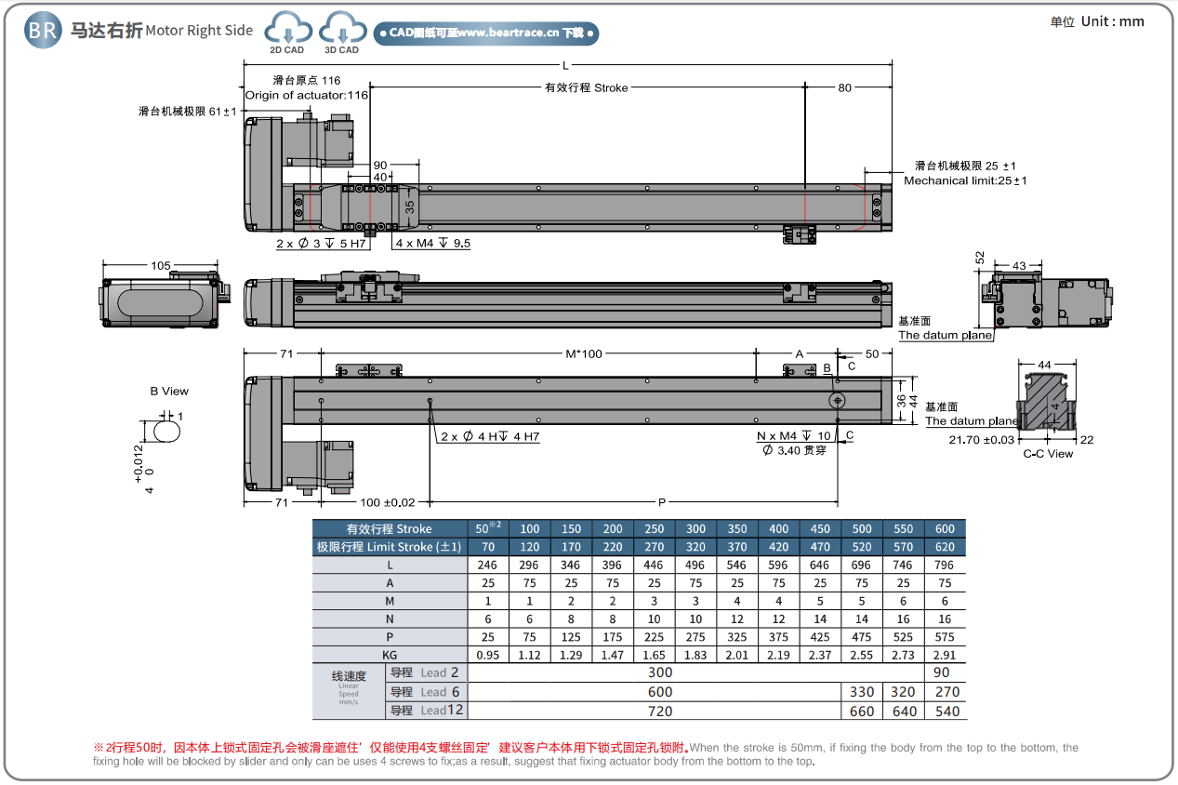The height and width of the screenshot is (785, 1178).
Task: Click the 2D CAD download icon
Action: (x=287, y=31)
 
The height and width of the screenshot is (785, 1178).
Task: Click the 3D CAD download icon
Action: (x=341, y=31)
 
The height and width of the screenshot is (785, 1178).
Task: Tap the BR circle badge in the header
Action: (x=42, y=30)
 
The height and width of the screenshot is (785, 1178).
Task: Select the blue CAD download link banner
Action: (x=486, y=33)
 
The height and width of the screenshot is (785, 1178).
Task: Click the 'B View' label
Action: (x=169, y=392)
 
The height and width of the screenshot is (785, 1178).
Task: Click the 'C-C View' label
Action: (x=1048, y=454)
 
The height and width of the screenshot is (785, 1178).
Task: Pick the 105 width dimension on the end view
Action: (x=161, y=266)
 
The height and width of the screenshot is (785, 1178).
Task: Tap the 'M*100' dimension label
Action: (x=584, y=354)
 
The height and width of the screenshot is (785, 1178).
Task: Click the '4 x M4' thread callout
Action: (x=432, y=244)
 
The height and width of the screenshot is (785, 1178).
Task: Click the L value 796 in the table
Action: (x=945, y=565)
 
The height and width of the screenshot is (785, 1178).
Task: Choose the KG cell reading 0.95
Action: (x=487, y=655)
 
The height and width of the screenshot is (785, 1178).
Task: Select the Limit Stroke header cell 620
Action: (x=945, y=547)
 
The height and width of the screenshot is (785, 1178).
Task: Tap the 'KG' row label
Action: (x=389, y=655)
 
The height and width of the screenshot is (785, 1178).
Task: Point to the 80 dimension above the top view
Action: (x=844, y=88)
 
